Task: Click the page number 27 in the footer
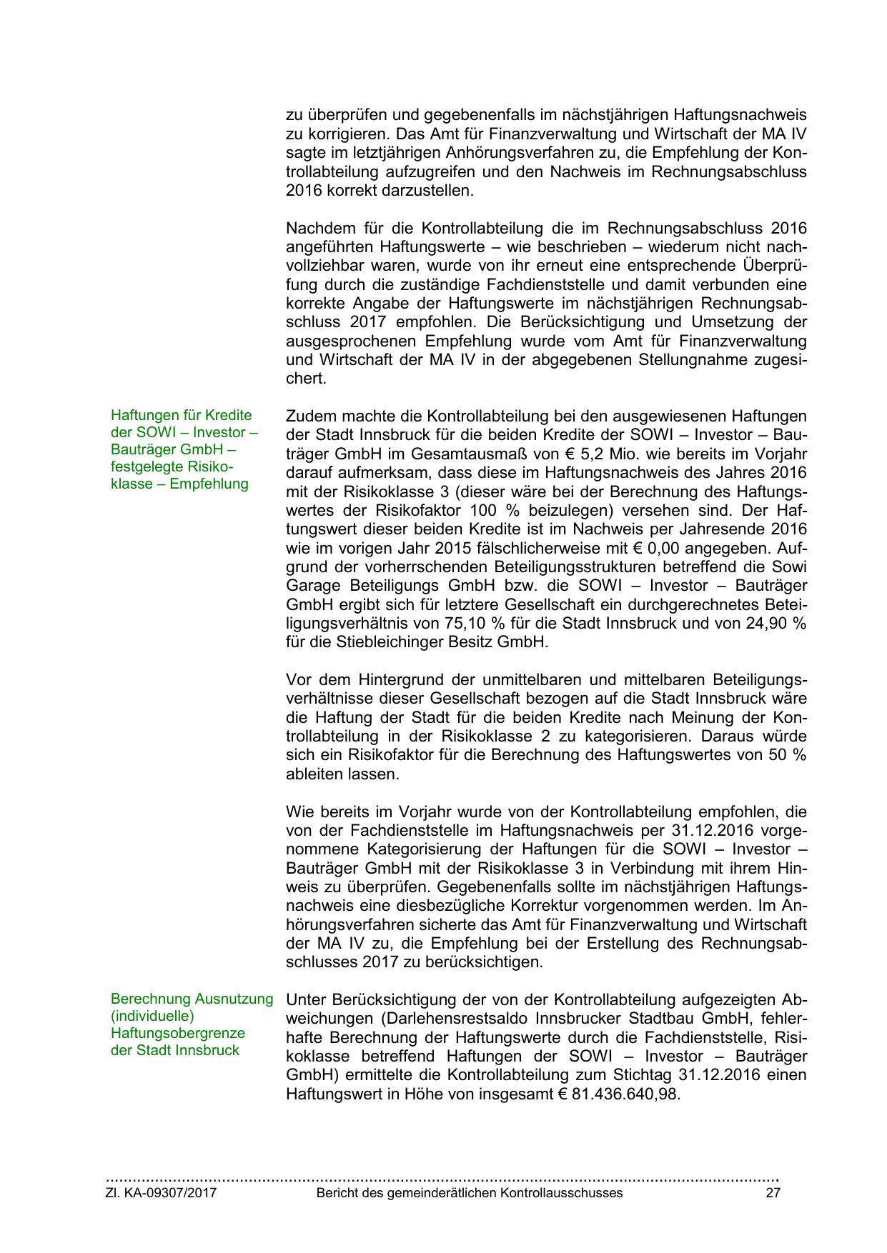click(773, 1193)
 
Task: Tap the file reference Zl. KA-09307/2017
click(162, 1193)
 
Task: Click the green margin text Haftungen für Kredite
click(182, 415)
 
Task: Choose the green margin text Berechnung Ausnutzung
click(192, 999)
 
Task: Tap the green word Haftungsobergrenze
click(178, 1033)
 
